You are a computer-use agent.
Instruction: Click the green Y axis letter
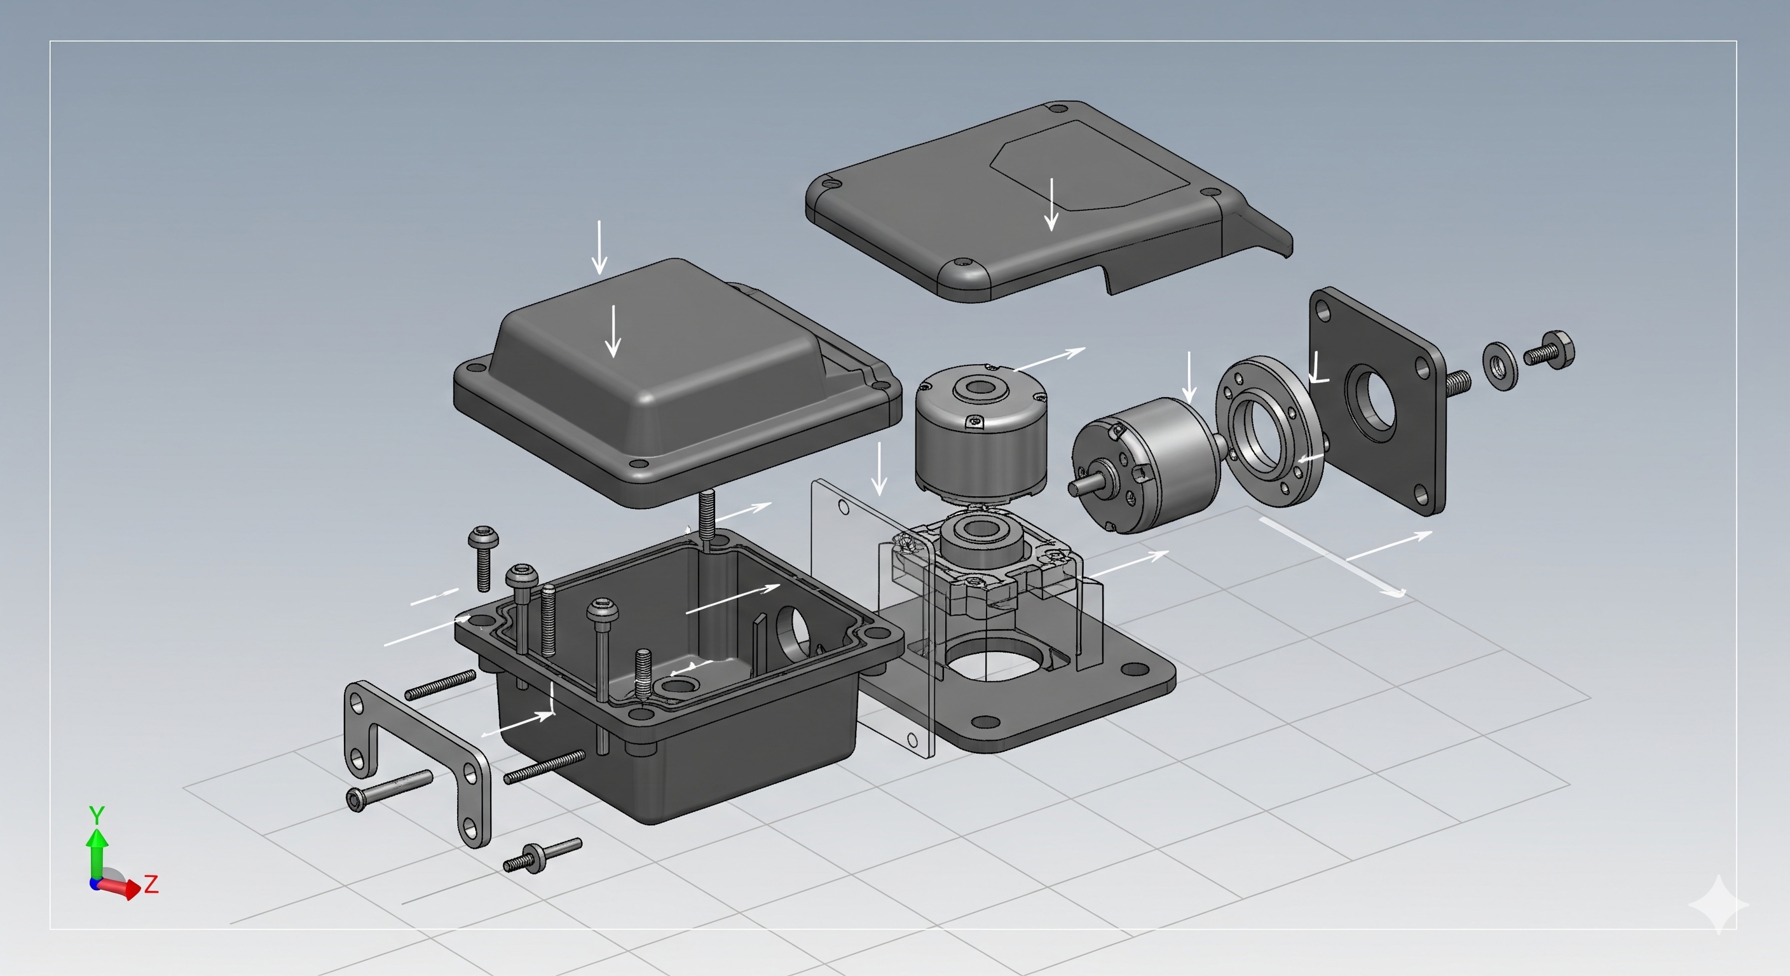point(97,815)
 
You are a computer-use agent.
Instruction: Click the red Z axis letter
point(151,884)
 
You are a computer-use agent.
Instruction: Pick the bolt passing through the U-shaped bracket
point(389,789)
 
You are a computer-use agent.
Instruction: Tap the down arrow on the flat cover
point(1052,204)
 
